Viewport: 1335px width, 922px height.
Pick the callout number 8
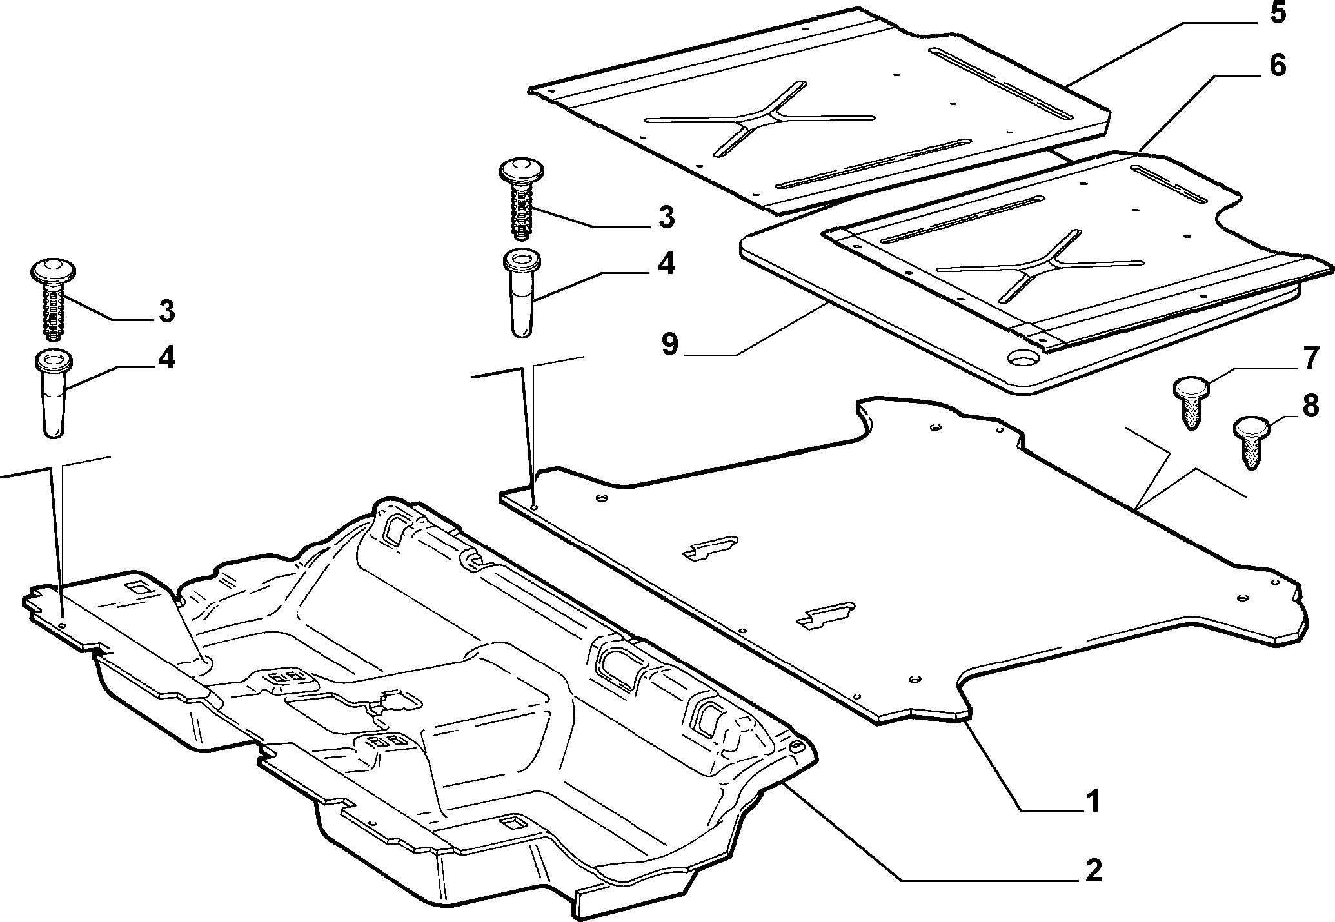point(1310,408)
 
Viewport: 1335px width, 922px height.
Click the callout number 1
point(1092,801)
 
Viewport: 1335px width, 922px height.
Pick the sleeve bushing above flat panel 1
point(522,293)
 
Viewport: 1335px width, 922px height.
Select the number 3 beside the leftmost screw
point(166,311)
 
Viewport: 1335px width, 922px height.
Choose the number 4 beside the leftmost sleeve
point(166,358)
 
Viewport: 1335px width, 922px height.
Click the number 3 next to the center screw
point(666,217)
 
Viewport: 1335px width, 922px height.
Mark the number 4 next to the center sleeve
point(666,264)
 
